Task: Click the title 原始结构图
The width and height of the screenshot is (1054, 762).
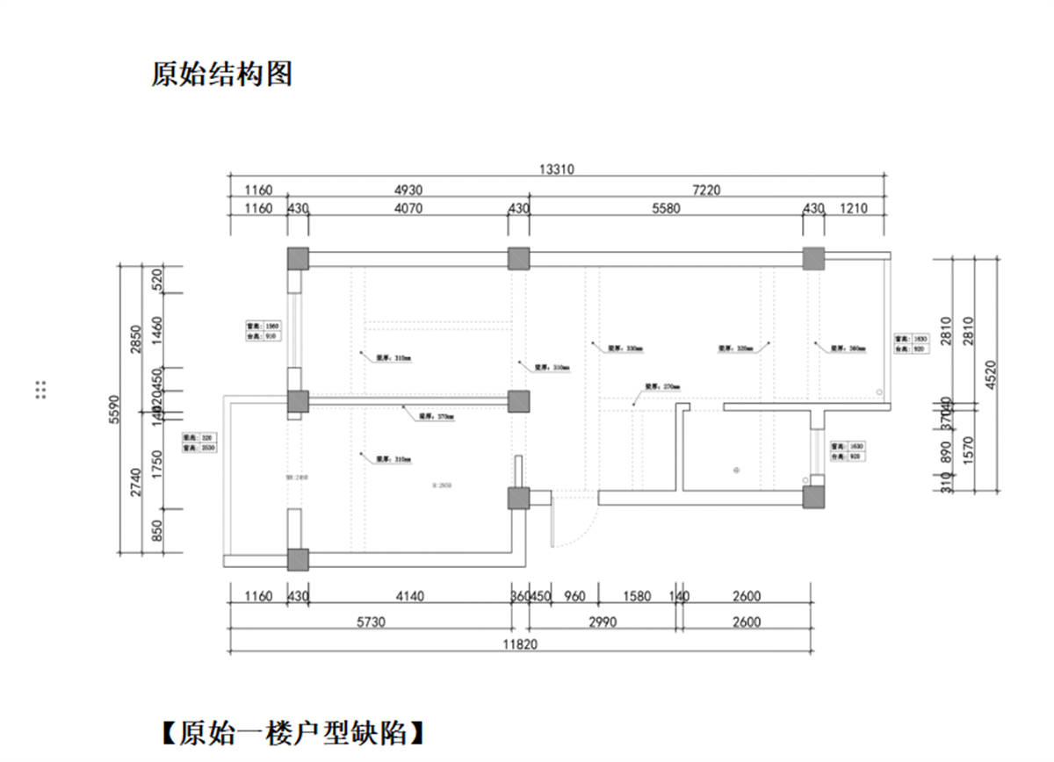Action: [221, 75]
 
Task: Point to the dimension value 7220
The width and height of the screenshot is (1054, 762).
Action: [708, 190]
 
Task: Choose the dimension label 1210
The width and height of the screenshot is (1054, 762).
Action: [853, 209]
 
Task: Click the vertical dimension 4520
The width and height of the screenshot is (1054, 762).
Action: [990, 375]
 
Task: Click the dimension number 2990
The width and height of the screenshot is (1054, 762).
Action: [603, 622]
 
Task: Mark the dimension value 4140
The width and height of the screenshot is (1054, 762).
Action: [409, 597]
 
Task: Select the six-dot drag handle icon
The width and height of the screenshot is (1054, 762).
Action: [40, 390]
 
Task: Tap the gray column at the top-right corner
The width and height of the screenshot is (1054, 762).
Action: [813, 258]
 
